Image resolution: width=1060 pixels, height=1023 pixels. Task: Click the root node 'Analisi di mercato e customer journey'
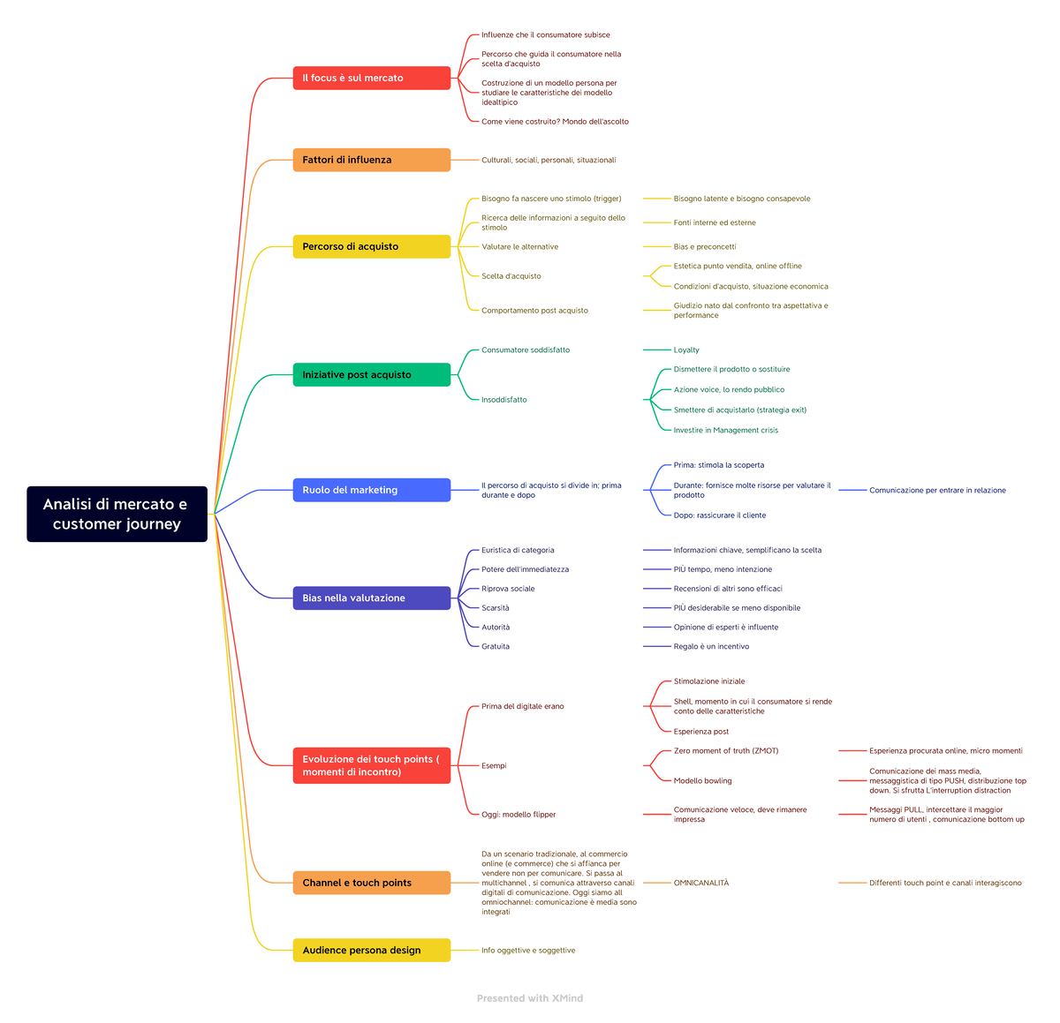click(x=117, y=514)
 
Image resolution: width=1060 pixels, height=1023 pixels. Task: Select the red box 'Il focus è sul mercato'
click(x=371, y=78)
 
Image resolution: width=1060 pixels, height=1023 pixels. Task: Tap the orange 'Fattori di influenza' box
click(x=371, y=160)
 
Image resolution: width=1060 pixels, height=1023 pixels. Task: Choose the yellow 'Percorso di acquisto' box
click(x=371, y=246)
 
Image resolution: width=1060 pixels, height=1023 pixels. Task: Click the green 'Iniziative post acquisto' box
click(x=371, y=374)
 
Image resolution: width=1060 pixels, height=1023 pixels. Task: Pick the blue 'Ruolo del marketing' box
click(x=371, y=490)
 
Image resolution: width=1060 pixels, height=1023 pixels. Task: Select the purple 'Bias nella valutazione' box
click(x=371, y=598)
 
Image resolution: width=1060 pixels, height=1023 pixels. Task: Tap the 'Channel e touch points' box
click(x=371, y=883)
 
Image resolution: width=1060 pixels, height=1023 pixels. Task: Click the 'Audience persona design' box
click(x=371, y=950)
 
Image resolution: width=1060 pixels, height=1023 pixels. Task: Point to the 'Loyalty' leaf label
click(x=686, y=350)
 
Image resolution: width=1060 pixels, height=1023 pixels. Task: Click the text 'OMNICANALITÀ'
click(x=701, y=883)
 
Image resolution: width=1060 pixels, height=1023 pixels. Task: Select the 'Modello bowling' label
click(x=702, y=780)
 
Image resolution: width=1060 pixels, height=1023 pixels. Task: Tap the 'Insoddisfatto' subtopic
click(x=503, y=400)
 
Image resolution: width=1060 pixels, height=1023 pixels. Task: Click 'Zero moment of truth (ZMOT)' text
click(x=726, y=751)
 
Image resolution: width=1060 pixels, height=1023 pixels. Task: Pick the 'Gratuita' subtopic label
click(x=496, y=646)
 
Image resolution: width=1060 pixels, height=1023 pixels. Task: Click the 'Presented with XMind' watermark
click(x=530, y=998)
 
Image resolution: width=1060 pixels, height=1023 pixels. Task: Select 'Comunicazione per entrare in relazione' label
click(x=937, y=490)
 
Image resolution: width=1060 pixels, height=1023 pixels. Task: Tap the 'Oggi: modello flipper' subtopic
click(x=519, y=815)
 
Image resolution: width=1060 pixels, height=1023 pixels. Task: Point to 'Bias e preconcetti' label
click(x=705, y=247)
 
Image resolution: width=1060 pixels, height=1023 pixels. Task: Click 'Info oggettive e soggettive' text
click(x=528, y=951)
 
